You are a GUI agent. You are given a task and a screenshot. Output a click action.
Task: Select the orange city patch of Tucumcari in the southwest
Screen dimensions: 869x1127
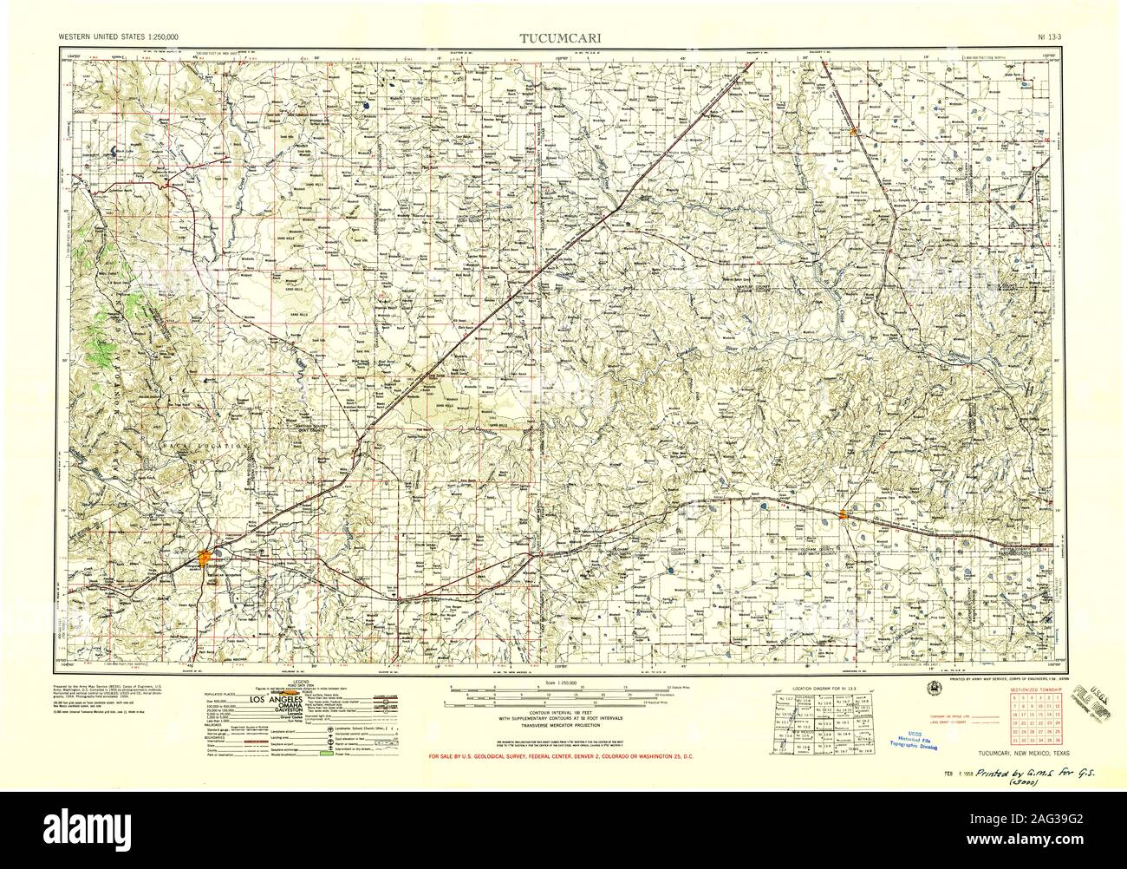pyautogui.click(x=204, y=555)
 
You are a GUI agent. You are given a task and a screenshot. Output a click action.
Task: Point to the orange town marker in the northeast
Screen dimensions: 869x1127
pyautogui.click(x=855, y=132)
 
